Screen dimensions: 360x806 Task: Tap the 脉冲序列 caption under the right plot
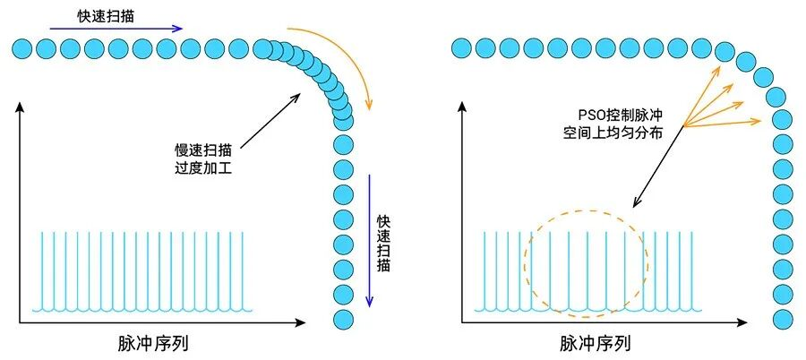[596, 344]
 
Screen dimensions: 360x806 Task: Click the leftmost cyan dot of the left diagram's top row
[23, 47]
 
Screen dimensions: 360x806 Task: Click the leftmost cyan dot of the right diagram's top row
[463, 47]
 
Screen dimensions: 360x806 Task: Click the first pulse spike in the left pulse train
[42, 269]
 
